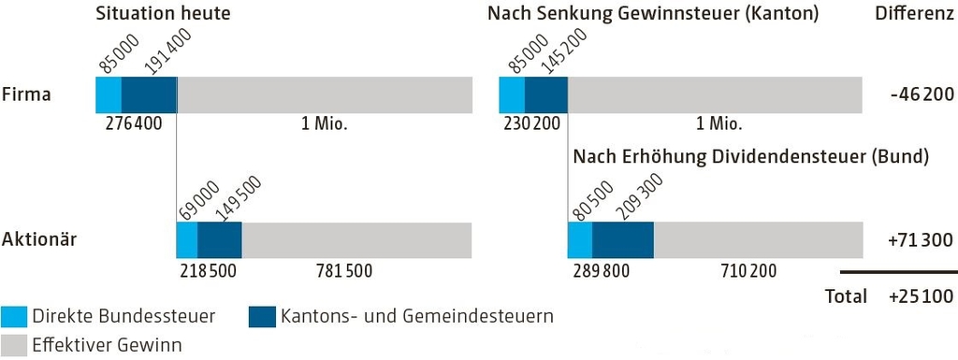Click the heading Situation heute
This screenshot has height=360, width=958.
[163, 14]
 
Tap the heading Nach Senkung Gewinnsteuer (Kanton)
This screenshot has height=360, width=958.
[653, 14]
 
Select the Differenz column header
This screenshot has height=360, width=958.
[914, 14]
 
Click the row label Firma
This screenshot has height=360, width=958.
[25, 94]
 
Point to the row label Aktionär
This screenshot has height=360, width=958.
[39, 239]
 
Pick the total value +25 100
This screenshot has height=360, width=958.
[921, 297]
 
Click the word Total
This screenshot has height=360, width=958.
[845, 297]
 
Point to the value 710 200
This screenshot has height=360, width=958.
[749, 270]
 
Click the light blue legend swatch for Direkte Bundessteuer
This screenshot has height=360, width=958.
[14, 316]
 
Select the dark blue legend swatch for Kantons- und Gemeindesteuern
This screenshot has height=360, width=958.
[262, 316]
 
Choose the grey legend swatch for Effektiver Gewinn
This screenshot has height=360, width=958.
[14, 344]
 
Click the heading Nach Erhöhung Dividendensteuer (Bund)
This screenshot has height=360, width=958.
[750, 156]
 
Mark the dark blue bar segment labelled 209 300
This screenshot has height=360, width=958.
[623, 240]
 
